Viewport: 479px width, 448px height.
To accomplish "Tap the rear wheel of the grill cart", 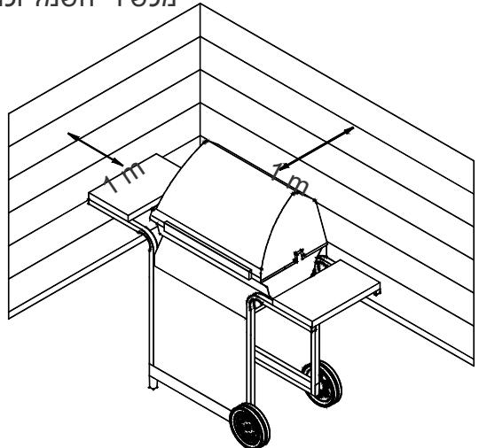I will [322, 382].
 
